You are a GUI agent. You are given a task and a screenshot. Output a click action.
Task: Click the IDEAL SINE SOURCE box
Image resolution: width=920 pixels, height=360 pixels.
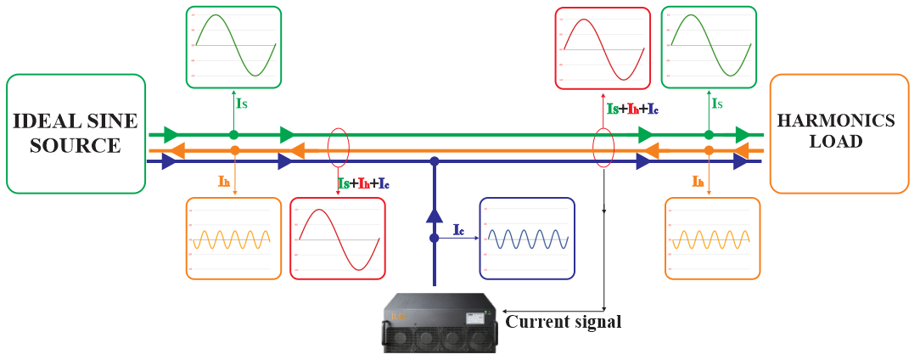pos(76,133)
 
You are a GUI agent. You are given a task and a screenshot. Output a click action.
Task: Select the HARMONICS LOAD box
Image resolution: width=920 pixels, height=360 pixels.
pos(838,133)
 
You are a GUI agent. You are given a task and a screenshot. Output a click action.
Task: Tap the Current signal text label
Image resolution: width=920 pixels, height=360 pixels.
pos(564,322)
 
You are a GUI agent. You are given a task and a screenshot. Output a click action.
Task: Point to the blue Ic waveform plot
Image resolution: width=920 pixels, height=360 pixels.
pos(527,239)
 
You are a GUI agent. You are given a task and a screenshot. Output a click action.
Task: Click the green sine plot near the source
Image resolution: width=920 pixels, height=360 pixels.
pos(234,47)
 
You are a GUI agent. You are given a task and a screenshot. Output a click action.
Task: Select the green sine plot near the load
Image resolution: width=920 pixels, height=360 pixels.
pos(709,47)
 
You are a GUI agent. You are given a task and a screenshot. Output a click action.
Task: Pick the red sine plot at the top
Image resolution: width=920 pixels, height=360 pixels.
pos(603,48)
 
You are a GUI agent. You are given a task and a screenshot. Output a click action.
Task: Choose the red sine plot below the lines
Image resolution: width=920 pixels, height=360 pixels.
pos(338,239)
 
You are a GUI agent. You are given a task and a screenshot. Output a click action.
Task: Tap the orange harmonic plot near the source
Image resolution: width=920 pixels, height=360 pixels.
pos(233,239)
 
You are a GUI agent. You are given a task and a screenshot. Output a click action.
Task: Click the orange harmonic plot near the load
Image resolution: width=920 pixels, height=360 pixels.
pos(711,239)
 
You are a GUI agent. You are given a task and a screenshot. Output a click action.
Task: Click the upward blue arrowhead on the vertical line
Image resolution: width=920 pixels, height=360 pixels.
pos(435,216)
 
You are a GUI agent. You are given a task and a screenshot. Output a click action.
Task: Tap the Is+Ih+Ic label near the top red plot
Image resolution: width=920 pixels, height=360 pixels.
pos(630,109)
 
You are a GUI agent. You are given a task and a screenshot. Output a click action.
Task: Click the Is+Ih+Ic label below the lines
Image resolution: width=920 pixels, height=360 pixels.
pos(363,183)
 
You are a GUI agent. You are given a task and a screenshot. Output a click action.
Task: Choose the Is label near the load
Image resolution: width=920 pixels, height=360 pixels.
pos(717,104)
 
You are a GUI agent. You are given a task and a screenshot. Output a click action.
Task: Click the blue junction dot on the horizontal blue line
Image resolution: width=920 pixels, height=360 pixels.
pos(435,160)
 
